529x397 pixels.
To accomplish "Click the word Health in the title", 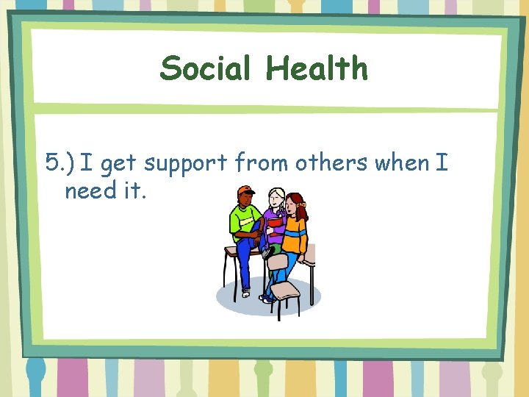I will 317,69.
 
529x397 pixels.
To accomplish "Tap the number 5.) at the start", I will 60,162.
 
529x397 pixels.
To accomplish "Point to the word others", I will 332,162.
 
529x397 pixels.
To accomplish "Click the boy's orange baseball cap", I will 245,192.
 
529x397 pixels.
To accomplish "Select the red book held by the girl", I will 275,222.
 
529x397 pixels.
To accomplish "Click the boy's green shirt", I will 245,221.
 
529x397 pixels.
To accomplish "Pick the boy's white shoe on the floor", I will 245,293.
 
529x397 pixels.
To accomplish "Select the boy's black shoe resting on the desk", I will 269,253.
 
